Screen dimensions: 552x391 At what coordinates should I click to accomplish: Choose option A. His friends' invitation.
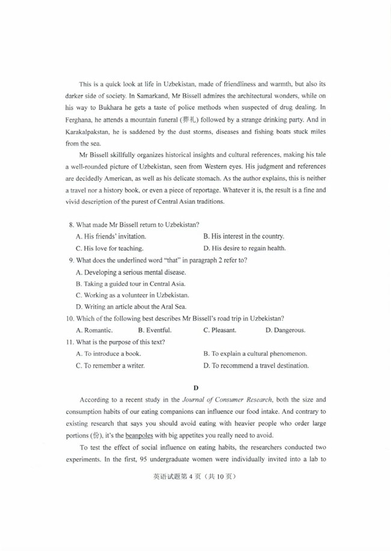(111, 236)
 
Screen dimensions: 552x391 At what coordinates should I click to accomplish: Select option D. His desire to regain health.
(244, 248)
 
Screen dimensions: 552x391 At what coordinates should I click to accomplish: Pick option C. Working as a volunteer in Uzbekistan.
(132, 295)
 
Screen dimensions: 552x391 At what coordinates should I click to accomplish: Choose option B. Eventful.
(155, 330)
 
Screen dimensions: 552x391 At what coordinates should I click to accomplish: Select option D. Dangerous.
(286, 330)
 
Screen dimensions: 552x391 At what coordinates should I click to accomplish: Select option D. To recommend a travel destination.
(256, 365)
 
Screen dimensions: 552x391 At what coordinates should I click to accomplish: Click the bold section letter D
(195, 388)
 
